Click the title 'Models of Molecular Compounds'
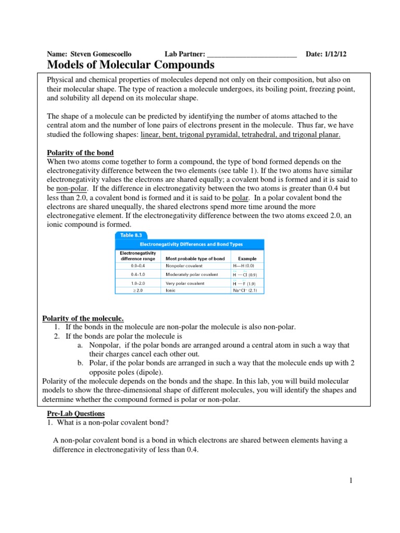click(131, 65)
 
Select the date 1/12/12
click(342, 54)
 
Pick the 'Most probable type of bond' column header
click(195, 258)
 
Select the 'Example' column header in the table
click(247, 258)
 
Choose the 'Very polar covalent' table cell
click(185, 283)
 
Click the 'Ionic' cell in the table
click(171, 290)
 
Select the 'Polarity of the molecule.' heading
click(82, 318)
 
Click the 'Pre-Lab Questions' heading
click(76, 413)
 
